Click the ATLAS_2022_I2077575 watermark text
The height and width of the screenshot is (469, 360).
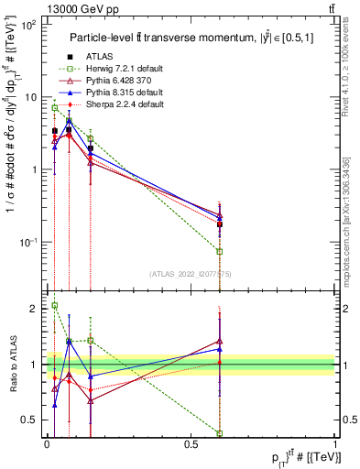pos(190,273)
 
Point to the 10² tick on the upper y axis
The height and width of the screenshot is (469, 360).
pos(28,25)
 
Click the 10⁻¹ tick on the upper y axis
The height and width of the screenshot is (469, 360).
pos(28,242)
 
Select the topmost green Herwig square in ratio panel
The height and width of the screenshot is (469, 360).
pos(54,306)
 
